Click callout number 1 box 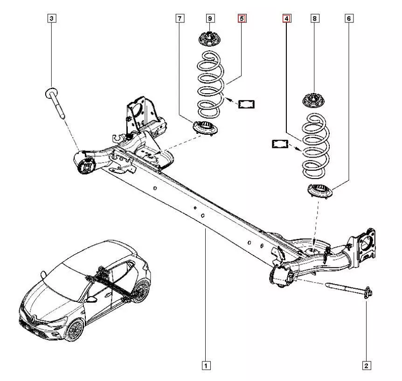[205, 365]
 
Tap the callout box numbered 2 [367, 365]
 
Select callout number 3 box [51, 19]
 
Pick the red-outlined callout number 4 [286, 19]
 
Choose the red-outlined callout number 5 [242, 19]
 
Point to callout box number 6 [349, 19]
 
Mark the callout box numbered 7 [180, 19]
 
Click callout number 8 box [315, 19]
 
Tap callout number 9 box [210, 19]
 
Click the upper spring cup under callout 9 [209, 38]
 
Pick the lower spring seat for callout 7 [204, 127]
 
